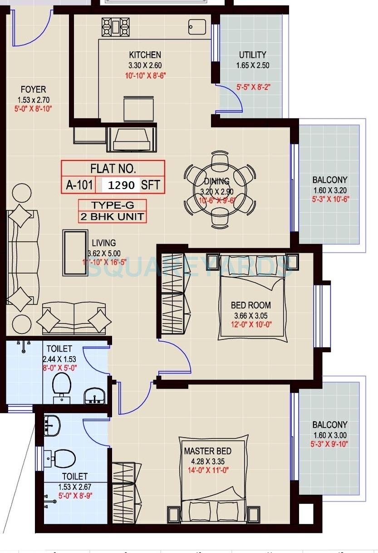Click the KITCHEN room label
pos(145,55)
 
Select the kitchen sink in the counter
pos(197,27)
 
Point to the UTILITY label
pos(252,55)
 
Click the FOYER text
pos(33,90)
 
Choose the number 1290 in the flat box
pos(121,185)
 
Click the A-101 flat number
pos(79,185)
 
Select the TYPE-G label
pos(112,205)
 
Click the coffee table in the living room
pos(75,253)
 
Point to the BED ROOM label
pos(250,305)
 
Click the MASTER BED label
pos(207,451)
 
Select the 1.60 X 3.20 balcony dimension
pos(329,190)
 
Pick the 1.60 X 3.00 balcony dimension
pos(329,435)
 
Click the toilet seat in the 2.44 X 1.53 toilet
pos(61,384)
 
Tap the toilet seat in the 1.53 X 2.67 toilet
pos(63,458)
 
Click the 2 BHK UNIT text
pos(112,217)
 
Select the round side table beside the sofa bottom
pos(21,324)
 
